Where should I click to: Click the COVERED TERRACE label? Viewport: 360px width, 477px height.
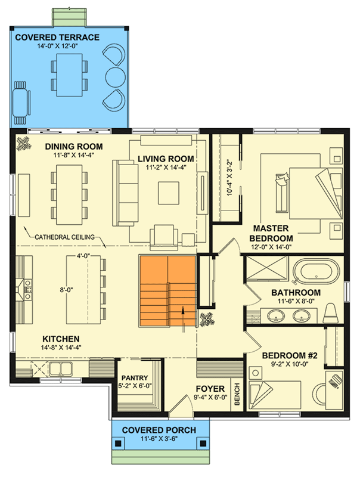[57, 38]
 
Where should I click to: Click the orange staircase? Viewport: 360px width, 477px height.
[167, 291]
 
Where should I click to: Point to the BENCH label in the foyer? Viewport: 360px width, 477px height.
[237, 394]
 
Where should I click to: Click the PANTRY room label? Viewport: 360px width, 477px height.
[135, 378]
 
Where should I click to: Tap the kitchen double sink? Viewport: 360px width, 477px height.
[61, 368]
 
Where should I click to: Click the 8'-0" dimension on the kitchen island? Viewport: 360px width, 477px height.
[66, 290]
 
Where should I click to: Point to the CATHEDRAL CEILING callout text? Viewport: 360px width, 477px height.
[65, 237]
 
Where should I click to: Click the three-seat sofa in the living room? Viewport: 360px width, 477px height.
[125, 193]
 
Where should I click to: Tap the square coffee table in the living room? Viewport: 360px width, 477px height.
[169, 193]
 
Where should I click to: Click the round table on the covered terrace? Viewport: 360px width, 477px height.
[115, 76]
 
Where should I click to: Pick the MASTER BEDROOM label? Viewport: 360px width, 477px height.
[271, 233]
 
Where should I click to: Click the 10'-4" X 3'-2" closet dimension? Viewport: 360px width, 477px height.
[229, 178]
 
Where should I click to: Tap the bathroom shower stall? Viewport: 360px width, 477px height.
[266, 268]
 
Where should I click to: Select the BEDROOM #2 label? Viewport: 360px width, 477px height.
[290, 355]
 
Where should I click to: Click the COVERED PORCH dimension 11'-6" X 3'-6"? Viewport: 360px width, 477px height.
[159, 439]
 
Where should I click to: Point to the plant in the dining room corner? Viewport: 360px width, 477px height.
[24, 143]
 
